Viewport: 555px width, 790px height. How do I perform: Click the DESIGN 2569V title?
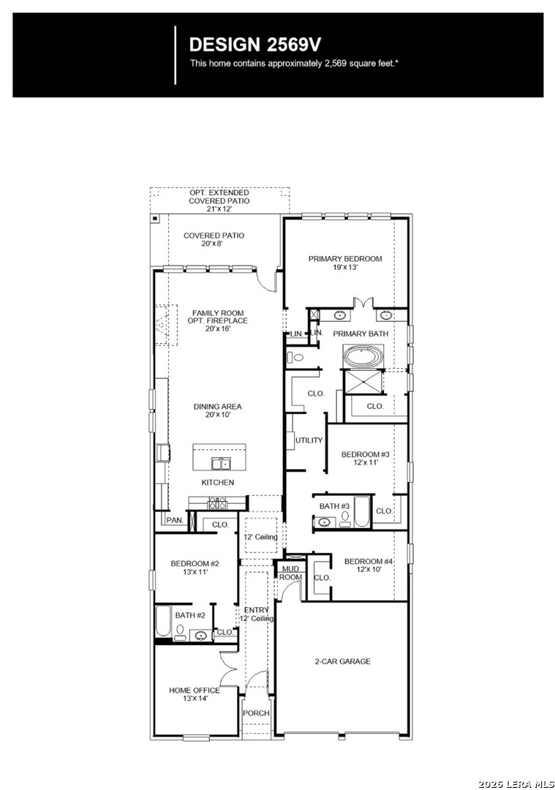254,45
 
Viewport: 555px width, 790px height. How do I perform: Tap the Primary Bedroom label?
345,263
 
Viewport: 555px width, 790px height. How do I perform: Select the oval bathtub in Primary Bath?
363,357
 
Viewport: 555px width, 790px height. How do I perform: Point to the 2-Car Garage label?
342,661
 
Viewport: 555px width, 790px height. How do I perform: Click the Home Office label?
195,694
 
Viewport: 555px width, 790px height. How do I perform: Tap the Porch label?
257,713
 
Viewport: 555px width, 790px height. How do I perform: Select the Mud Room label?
290,573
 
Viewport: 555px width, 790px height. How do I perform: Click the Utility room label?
309,440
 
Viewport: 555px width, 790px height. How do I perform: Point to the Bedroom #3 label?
366,458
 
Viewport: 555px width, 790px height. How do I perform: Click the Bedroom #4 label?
369,565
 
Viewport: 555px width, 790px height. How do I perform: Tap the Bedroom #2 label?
195,568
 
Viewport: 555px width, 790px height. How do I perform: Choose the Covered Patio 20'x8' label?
214,239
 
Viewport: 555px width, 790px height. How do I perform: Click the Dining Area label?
218,410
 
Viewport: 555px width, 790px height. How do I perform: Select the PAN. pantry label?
175,520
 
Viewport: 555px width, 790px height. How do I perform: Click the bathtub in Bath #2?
163,621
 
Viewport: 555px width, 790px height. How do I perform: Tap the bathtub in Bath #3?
362,512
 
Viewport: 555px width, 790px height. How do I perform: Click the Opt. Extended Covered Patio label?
219,200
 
